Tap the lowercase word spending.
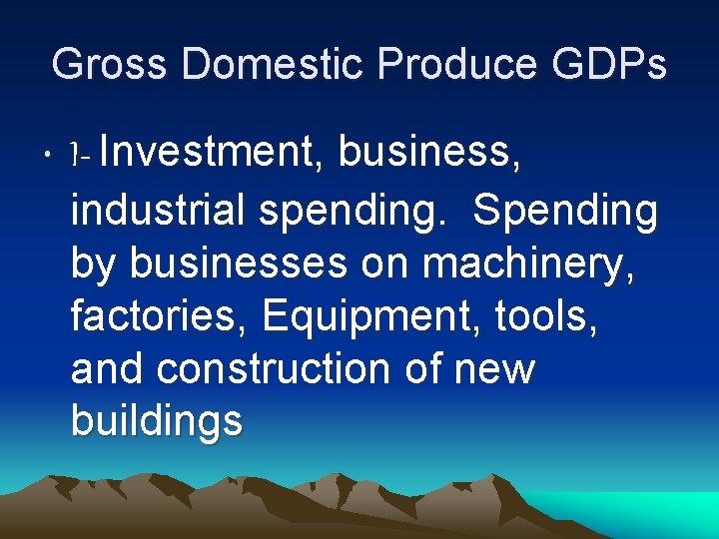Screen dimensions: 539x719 (x=346, y=214)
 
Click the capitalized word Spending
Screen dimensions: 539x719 (x=565, y=214)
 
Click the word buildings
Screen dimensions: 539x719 (x=157, y=422)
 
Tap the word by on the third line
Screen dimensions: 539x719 (x=94, y=266)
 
